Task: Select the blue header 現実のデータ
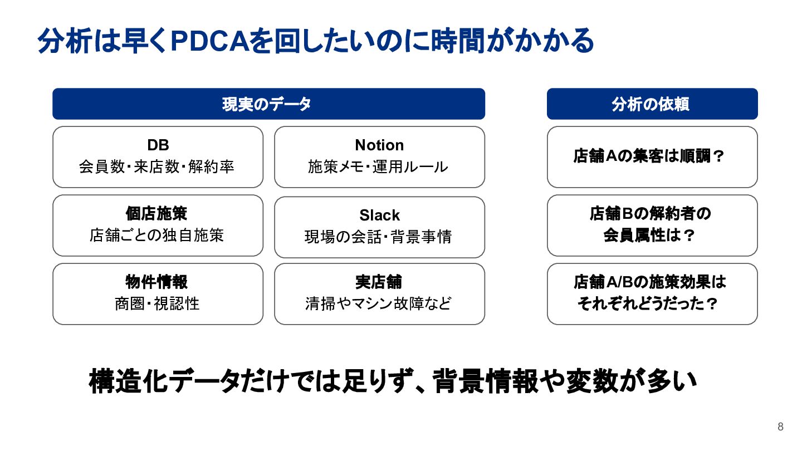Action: pyautogui.click(x=268, y=104)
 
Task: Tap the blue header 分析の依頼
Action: pyautogui.click(x=652, y=104)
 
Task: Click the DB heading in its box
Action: pyautogui.click(x=158, y=145)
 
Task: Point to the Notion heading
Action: pyautogui.click(x=379, y=145)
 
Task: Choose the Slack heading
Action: pyautogui.click(x=379, y=215)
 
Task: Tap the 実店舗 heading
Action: pyautogui.click(x=379, y=282)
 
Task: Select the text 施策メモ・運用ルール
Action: pyautogui.click(x=379, y=166)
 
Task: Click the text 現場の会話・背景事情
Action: pyautogui.click(x=379, y=237)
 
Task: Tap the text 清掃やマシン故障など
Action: pyautogui.click(x=379, y=304)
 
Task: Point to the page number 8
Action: pyautogui.click(x=780, y=427)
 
